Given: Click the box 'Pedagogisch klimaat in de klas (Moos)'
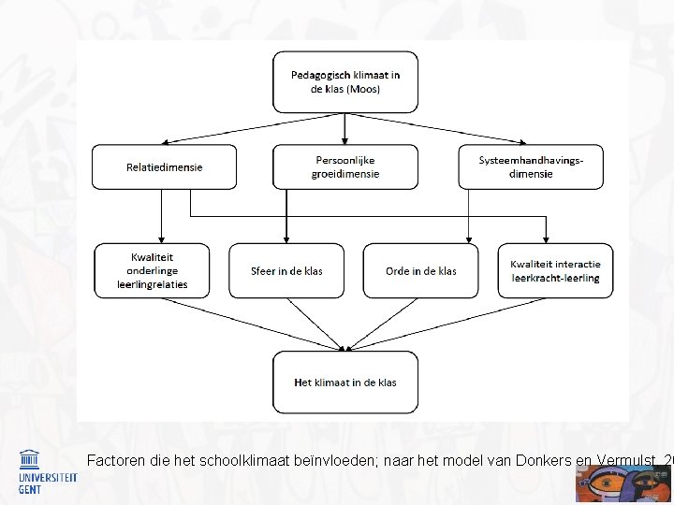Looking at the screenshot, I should pyautogui.click(x=344, y=81).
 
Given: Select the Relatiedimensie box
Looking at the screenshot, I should pyautogui.click(x=164, y=167).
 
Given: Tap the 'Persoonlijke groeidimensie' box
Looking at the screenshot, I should pyautogui.click(x=344, y=166).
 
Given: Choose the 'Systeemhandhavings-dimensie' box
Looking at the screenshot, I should pyautogui.click(x=530, y=166).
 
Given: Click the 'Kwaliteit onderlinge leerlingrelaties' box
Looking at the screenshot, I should pyautogui.click(x=152, y=270).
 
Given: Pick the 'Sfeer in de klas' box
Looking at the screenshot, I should pyautogui.click(x=286, y=270).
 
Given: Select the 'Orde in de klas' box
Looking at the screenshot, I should pyautogui.click(x=420, y=270).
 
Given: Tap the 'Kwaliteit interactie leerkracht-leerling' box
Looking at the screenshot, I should pyautogui.click(x=555, y=270).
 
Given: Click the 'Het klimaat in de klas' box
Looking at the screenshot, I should pyautogui.click(x=344, y=382).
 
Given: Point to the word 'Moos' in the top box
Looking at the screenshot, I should pyautogui.click(x=363, y=89).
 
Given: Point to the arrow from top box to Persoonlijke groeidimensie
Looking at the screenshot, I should pyautogui.click(x=344, y=128).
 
